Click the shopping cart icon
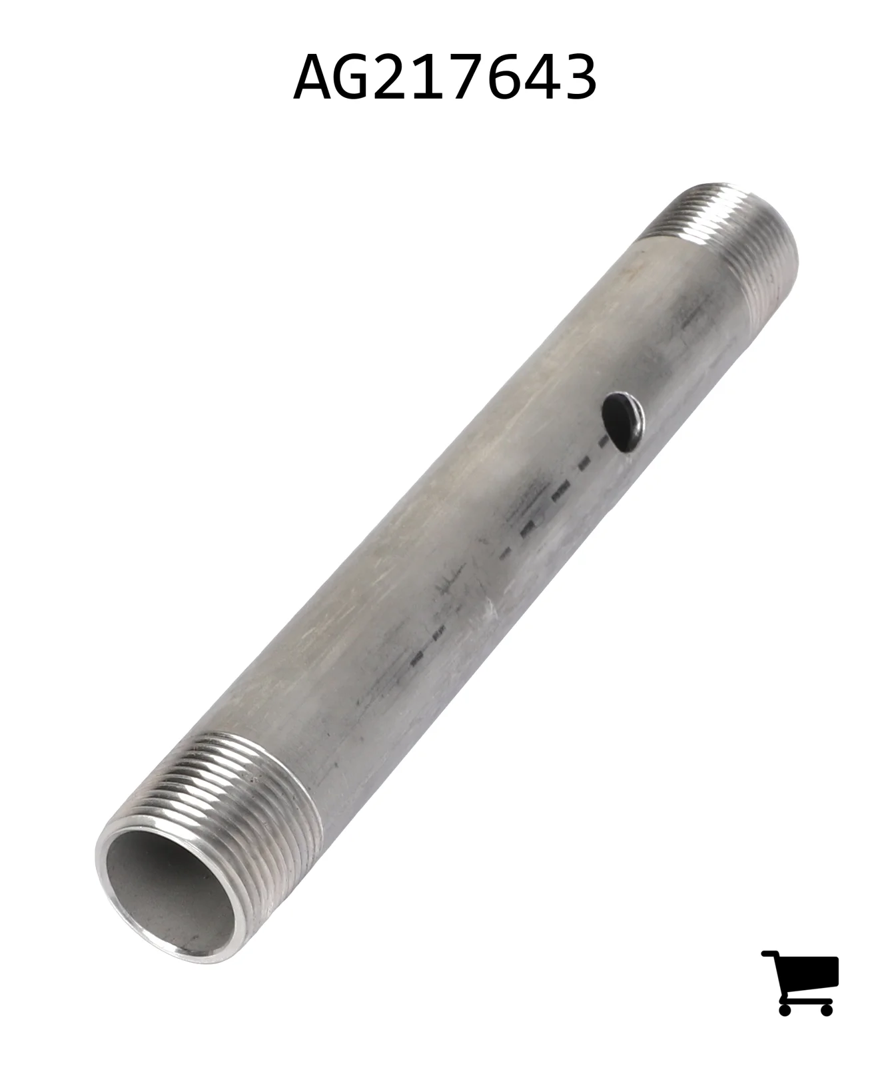[x=800, y=982]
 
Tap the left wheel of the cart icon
[x=785, y=1009]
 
